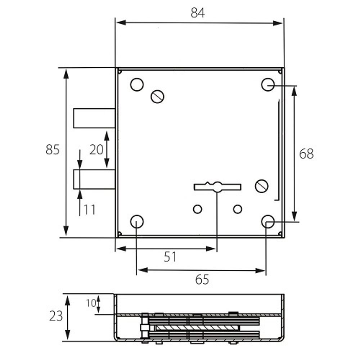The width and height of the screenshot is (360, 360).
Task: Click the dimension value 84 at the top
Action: tap(197, 13)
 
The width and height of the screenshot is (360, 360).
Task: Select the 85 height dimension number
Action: tap(53, 150)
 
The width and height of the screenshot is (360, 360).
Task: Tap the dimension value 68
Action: tap(306, 154)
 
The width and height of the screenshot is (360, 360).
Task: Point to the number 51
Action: tap(170, 257)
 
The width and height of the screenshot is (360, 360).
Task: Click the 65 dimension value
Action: tap(202, 279)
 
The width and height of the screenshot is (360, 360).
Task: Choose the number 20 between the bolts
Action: tap(96, 150)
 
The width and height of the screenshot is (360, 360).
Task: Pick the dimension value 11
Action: tap(89, 210)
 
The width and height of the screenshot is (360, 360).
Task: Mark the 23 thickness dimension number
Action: tap(56, 316)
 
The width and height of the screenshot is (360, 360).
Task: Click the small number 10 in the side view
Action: tap(91, 303)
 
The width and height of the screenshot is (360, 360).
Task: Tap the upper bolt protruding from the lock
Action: tap(94, 118)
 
